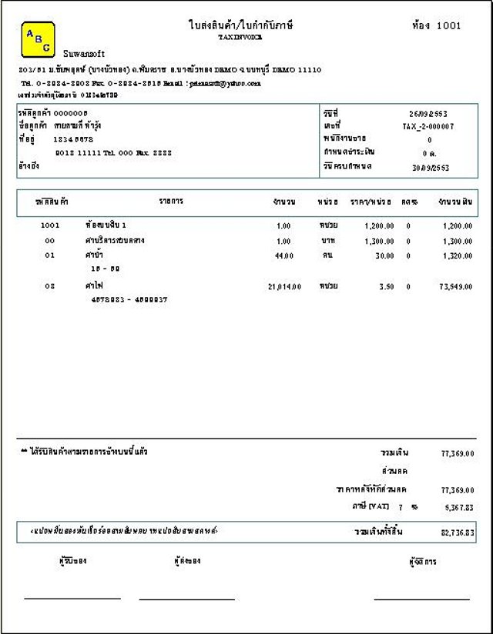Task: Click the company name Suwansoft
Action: (79, 54)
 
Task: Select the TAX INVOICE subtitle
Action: (240, 36)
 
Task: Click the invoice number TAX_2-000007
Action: (428, 126)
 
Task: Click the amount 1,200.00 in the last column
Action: (458, 226)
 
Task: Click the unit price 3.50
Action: (387, 286)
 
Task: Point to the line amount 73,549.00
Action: (456, 286)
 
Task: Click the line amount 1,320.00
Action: (458, 255)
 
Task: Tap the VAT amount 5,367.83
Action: (458, 508)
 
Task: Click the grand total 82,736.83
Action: (458, 532)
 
